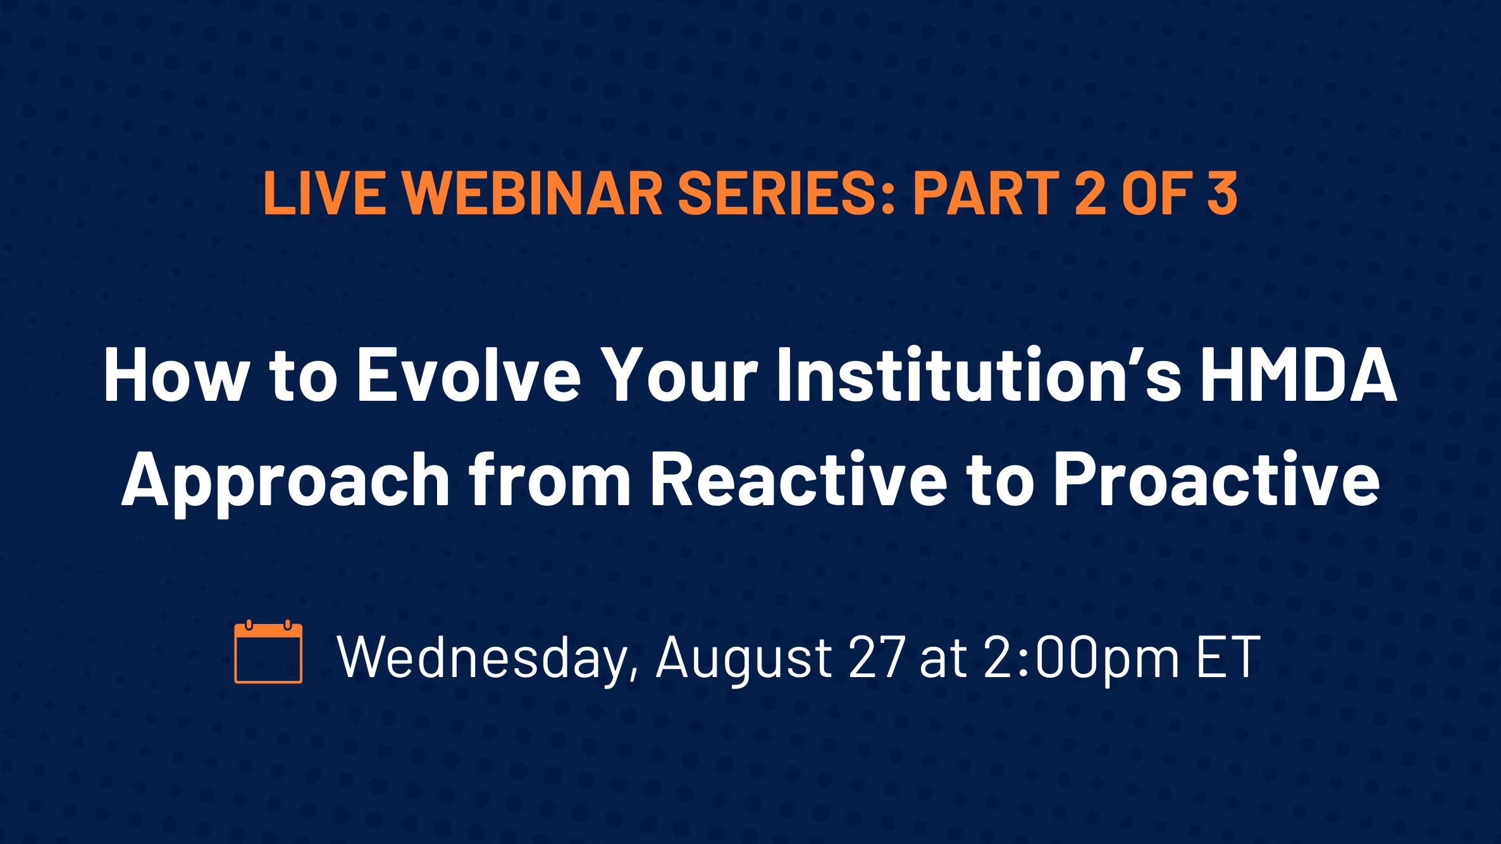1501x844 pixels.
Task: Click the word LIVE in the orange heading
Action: tap(324, 193)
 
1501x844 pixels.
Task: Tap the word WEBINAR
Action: tap(532, 193)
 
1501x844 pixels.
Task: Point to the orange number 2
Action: tap(1090, 193)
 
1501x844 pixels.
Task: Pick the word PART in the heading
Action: tap(986, 193)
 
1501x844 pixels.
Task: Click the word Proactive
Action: tap(1217, 480)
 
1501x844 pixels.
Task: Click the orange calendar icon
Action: tap(268, 652)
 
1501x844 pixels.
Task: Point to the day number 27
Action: tap(877, 657)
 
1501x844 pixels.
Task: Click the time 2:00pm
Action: tap(1082, 660)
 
